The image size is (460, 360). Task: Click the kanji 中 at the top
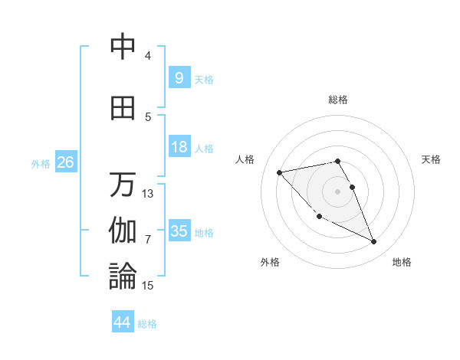point(123,47)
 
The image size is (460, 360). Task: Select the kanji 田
point(123,109)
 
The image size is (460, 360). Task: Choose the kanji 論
point(123,277)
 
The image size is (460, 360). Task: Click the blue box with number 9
point(179,77)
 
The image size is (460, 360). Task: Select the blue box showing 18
point(179,147)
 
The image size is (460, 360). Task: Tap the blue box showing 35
point(179,231)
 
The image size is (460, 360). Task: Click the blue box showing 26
point(65,162)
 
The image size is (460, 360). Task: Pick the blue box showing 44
point(122,322)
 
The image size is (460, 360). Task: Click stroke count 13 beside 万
point(148,194)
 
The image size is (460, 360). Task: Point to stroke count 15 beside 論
point(148,286)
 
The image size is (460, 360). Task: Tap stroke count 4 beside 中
point(148,56)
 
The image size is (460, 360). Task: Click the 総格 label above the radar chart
point(338,100)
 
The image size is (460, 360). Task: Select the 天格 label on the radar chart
point(431,159)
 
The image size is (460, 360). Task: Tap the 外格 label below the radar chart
point(270,262)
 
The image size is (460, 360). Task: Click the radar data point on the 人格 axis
point(279,172)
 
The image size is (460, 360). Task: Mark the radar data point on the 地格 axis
point(374,242)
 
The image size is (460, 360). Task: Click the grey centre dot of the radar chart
point(338,191)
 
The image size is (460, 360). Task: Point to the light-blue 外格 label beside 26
point(41,163)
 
